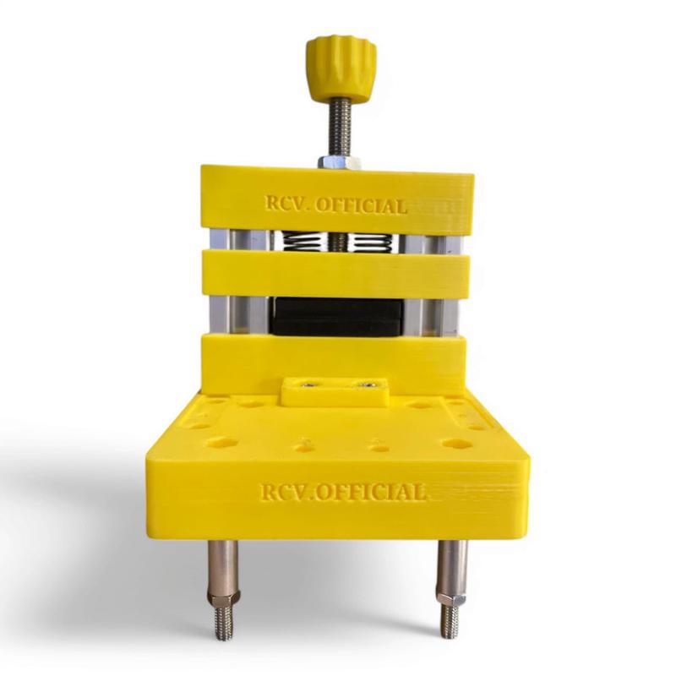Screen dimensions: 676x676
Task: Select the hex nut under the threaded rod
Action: pyautogui.click(x=341, y=162)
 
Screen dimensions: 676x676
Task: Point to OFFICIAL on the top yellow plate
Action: pyautogui.click(x=361, y=205)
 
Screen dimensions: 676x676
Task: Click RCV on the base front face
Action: pyautogui.click(x=282, y=492)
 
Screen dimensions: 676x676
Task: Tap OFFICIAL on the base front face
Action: pyautogui.click(x=371, y=492)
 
